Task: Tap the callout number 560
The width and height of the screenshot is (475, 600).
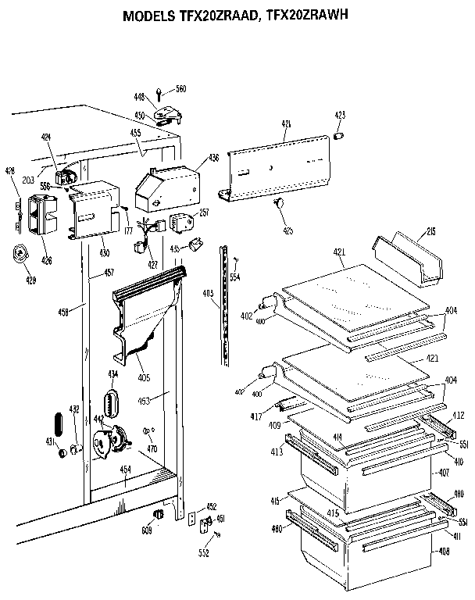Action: click(x=180, y=89)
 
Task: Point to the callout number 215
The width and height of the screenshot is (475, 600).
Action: click(x=430, y=232)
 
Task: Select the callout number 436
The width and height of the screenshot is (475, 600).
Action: click(x=212, y=158)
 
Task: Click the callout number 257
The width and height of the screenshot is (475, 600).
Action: click(x=204, y=212)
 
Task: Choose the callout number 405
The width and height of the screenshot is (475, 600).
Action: click(x=144, y=378)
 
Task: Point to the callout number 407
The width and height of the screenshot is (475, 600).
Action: click(x=443, y=473)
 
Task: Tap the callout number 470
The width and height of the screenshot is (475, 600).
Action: click(x=152, y=449)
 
